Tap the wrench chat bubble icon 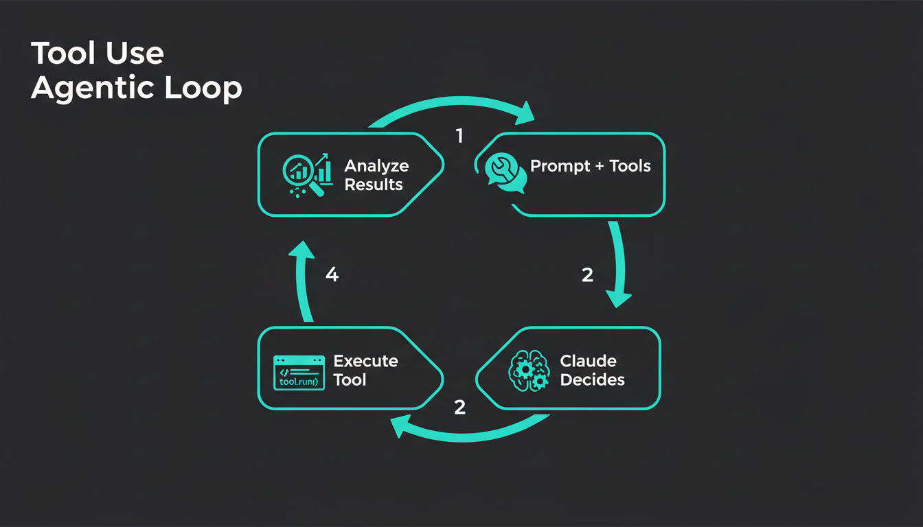point(505,172)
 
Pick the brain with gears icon point(528,371)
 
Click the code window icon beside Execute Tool point(299,373)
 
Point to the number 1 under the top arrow point(459,136)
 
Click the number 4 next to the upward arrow point(332,275)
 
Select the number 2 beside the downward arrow point(587,275)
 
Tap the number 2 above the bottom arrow point(459,407)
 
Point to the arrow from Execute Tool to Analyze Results point(302,281)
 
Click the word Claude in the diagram point(588,361)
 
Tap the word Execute point(365,361)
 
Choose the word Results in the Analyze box point(374,185)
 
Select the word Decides point(592,379)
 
